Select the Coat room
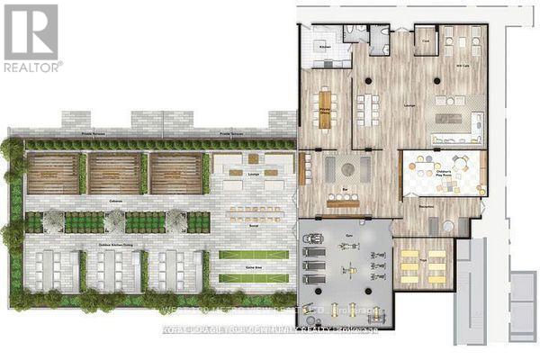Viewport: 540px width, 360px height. [425, 40]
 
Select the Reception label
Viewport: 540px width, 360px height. [426, 205]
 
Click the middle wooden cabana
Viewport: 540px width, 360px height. [115, 174]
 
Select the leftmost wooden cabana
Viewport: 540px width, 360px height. [53, 174]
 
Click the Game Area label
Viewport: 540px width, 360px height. [254, 267]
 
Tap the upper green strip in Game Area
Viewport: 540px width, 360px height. [254, 255]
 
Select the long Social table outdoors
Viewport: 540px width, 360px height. [253, 212]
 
